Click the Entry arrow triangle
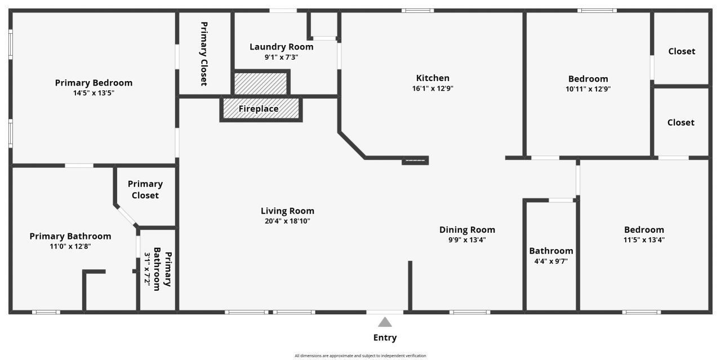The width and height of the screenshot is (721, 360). coord(385,322)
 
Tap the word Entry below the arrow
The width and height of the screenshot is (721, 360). coord(385,337)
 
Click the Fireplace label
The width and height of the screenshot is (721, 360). coord(259,109)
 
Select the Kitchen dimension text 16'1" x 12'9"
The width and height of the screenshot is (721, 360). coord(433,88)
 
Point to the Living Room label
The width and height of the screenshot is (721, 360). coord(287,211)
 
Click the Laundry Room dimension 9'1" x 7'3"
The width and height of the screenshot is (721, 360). coord(281,57)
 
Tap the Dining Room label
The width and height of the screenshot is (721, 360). coord(467,230)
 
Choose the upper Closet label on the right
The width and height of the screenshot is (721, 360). coord(682,51)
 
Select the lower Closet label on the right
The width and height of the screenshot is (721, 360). coord(681,122)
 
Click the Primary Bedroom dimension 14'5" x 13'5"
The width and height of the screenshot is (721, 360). coord(94,93)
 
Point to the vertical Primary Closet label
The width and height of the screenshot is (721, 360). coord(204,54)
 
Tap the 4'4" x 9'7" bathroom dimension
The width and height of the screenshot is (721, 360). coord(551,261)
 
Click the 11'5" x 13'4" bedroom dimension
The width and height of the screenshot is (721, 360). coord(644,240)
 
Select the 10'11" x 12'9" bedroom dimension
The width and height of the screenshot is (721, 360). coord(588,89)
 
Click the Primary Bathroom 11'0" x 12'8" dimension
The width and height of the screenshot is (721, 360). coord(70,246)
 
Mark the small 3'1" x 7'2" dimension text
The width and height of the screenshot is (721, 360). coord(147,269)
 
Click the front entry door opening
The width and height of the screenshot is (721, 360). coord(385,312)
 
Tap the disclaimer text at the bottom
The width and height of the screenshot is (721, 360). coord(360,356)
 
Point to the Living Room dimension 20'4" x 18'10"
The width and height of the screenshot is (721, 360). coord(287,221)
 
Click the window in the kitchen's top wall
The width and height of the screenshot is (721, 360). coord(417,11)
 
